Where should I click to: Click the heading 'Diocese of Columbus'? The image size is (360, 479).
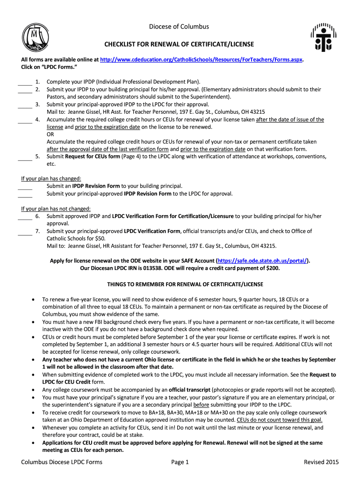179,27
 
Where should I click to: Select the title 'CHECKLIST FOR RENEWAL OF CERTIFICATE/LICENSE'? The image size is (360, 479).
179,44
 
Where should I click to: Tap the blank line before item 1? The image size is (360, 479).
25,84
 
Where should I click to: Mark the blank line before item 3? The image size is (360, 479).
25,107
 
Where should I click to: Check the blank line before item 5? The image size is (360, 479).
25,160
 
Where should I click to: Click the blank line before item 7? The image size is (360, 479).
25,234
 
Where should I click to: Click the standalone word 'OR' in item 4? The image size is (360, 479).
50,134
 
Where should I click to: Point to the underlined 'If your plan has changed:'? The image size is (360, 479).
51,179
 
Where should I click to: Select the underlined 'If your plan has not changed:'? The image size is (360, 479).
56,209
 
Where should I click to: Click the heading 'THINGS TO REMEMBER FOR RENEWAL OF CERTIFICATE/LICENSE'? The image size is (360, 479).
185,284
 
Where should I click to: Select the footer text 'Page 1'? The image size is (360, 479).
180,463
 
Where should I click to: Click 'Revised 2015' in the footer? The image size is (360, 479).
321,463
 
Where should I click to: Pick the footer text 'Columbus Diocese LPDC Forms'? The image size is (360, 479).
62,463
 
